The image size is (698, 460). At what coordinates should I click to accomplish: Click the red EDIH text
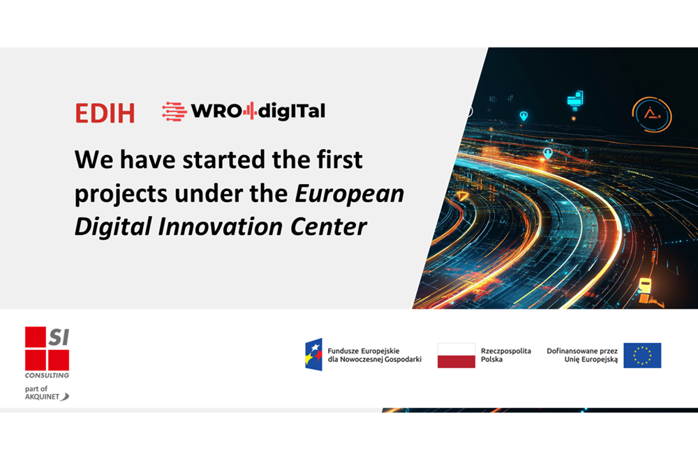[x=105, y=113]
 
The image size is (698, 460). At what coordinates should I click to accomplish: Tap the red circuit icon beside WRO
[x=174, y=111]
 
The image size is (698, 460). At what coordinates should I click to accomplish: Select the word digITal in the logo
[x=292, y=111]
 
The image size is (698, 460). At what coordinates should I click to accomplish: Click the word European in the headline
[x=350, y=194]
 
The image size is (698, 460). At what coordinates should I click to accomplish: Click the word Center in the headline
[x=329, y=227]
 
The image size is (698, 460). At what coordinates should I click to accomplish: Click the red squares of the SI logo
[x=47, y=348]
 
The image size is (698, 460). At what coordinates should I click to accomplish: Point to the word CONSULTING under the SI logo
[x=47, y=375]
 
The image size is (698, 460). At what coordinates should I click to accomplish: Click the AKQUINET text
[x=43, y=397]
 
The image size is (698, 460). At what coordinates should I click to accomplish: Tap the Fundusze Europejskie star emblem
[x=313, y=355]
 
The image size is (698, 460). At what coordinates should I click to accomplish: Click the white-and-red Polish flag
[x=456, y=355]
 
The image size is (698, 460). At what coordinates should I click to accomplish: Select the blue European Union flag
[x=642, y=355]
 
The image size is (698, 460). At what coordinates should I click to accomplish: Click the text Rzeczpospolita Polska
[x=505, y=355]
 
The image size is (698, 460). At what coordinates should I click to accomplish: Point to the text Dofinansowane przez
[x=582, y=351]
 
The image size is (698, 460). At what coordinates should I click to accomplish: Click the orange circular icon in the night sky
[x=652, y=114]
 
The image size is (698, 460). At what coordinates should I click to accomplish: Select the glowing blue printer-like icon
[x=575, y=99]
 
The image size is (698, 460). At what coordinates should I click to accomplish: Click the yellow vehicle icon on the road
[x=645, y=285]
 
